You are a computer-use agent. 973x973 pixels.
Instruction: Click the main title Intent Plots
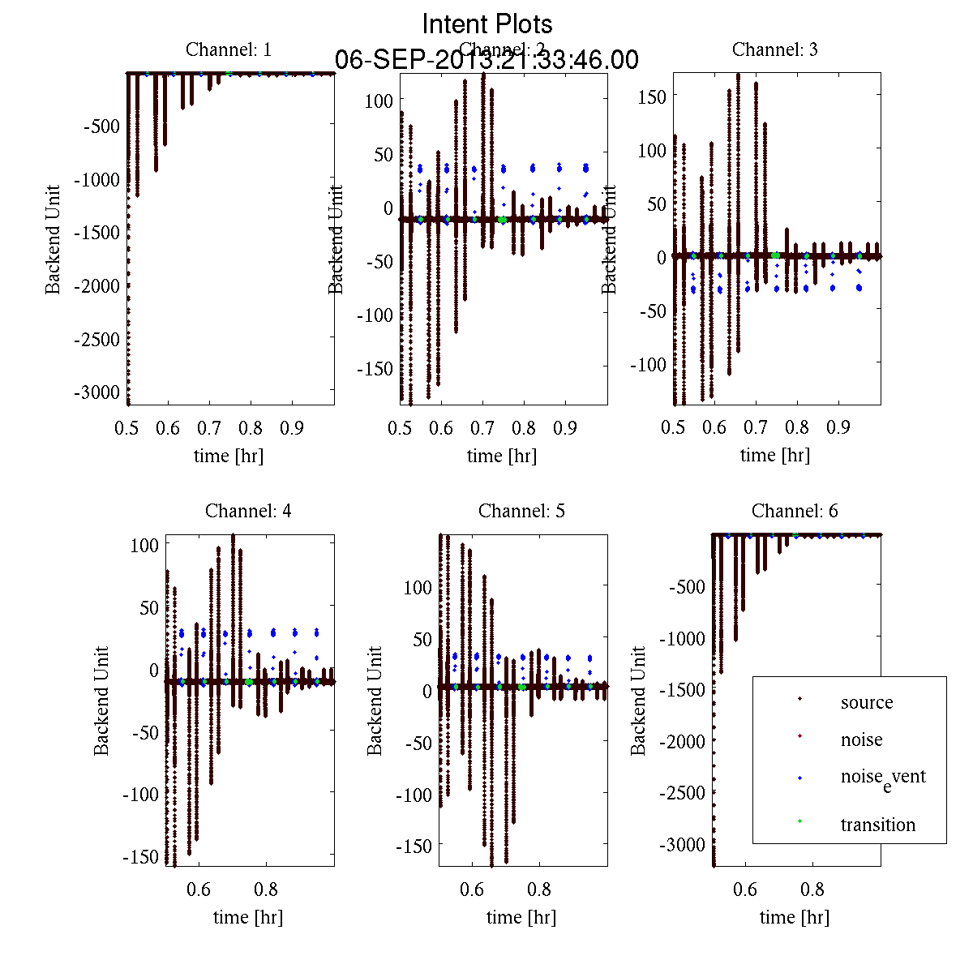487,24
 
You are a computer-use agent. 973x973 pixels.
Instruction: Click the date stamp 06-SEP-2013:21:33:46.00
486,60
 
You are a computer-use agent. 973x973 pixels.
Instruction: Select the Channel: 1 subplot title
229,49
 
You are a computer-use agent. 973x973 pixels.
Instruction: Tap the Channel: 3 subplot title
775,49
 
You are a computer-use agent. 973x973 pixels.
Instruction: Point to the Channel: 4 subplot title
248,511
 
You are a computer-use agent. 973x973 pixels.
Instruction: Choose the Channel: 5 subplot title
521,511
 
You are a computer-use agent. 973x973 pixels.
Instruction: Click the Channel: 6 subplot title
795,511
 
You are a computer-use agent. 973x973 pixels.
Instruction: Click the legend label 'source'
867,703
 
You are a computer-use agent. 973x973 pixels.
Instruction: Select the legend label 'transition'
878,825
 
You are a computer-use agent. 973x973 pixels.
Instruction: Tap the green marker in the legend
799,821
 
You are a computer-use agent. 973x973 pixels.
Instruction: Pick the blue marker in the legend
799,778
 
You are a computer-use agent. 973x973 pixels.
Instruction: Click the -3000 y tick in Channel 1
96,392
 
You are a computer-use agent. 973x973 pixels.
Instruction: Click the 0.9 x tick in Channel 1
293,427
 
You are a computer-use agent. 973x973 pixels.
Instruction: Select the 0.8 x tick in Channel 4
266,889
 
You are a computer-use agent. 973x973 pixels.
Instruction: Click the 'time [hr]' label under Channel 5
521,917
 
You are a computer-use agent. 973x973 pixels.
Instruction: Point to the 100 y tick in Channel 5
418,587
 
